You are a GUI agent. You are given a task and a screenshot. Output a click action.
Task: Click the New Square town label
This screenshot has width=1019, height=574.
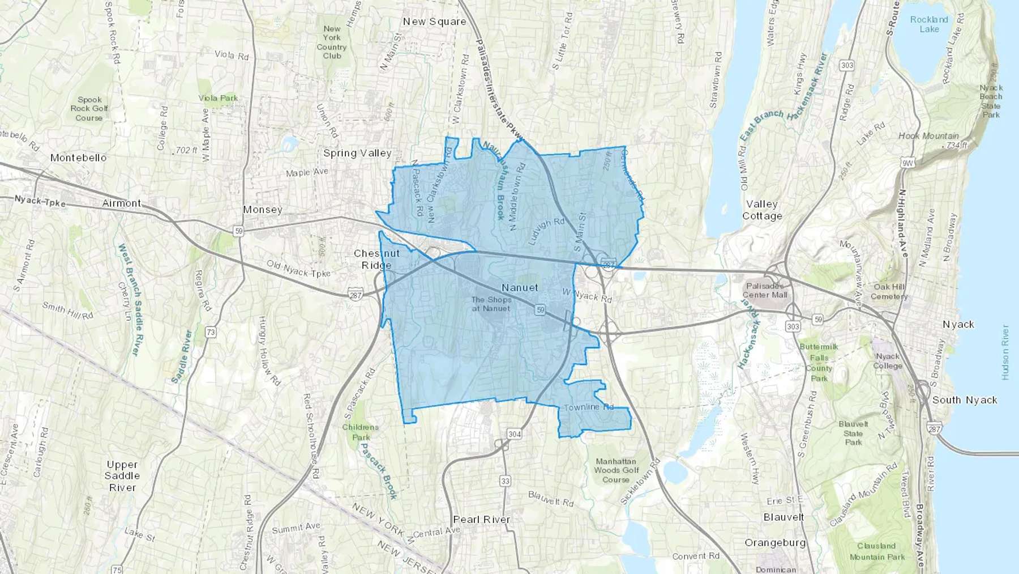click(434, 22)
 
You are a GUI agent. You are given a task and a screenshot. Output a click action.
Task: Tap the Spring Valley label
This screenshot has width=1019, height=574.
click(357, 153)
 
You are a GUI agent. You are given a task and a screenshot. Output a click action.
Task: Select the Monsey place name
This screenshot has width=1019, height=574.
click(263, 210)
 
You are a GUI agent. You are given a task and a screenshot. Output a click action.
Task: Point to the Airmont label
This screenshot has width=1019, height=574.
click(122, 203)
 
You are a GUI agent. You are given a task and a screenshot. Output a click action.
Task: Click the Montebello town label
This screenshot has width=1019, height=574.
click(78, 158)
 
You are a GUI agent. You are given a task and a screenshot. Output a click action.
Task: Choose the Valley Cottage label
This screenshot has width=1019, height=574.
click(762, 210)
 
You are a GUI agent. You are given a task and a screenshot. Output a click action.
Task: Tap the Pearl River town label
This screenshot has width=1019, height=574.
click(482, 520)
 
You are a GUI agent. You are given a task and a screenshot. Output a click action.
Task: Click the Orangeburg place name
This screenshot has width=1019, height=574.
click(775, 543)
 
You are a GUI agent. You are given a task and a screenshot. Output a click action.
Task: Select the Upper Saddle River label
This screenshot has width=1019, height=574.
click(122, 476)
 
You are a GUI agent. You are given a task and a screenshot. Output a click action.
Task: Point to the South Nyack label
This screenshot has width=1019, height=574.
click(965, 400)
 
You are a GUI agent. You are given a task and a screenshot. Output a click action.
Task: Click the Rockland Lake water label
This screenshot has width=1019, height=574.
click(929, 24)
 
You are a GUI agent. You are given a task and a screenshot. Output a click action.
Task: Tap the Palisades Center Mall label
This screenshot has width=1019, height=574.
click(765, 290)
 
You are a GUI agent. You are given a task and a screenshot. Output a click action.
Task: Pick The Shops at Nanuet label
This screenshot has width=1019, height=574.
click(491, 304)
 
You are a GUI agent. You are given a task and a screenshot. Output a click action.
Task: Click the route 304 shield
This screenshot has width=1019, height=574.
click(514, 434)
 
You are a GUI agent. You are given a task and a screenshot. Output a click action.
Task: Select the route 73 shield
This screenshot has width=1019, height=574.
click(211, 333)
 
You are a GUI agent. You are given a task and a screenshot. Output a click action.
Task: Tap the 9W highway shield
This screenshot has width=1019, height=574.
click(907, 164)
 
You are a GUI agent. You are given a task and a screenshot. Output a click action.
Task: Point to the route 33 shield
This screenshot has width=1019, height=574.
click(505, 481)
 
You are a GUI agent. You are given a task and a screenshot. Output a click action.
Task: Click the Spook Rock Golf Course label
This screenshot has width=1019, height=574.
click(89, 109)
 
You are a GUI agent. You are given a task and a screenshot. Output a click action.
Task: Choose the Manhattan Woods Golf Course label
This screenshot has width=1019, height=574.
click(616, 470)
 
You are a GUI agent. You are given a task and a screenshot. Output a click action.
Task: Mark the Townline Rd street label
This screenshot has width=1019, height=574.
click(589, 407)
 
